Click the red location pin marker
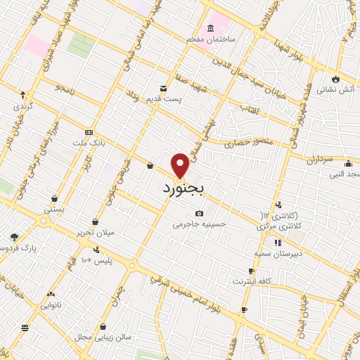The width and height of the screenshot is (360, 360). pyautogui.click(x=181, y=165)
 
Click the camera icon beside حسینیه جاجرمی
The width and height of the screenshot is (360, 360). pyautogui.click(x=200, y=214)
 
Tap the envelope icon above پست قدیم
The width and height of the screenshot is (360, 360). pyautogui.click(x=164, y=88)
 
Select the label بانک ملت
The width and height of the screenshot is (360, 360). pyautogui.click(x=88, y=143)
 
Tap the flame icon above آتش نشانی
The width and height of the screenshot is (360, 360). pyautogui.click(x=335, y=78)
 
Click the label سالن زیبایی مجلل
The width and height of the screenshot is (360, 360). pyautogui.click(x=103, y=337)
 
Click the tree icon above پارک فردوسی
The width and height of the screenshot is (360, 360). pyautogui.click(x=13, y=237)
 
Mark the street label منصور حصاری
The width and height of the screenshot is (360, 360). pyautogui.click(x=243, y=143)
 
